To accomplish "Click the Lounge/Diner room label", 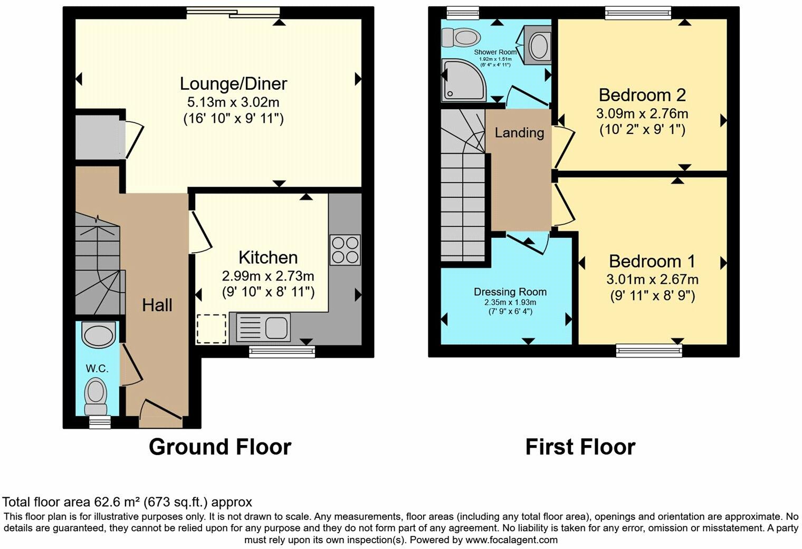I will (x=233, y=84).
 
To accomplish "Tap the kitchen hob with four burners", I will (x=345, y=249).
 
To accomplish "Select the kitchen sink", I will (x=264, y=327).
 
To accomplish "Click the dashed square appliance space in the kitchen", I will (x=212, y=329).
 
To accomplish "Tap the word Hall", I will (x=157, y=305).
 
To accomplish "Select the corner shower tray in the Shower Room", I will (x=463, y=80).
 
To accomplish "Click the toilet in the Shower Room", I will (x=460, y=37).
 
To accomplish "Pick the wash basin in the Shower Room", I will (x=538, y=46).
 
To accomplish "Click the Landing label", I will (x=519, y=132).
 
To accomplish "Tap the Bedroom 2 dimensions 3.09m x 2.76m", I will (x=642, y=113).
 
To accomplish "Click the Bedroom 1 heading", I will (x=652, y=262).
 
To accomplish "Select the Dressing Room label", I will (x=510, y=292).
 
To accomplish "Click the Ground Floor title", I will (x=220, y=447).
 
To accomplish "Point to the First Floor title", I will (x=580, y=447).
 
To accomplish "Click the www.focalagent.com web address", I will (x=511, y=540).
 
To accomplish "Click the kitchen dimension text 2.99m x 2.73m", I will (x=268, y=276).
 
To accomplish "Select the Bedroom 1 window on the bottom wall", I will (x=649, y=350).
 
